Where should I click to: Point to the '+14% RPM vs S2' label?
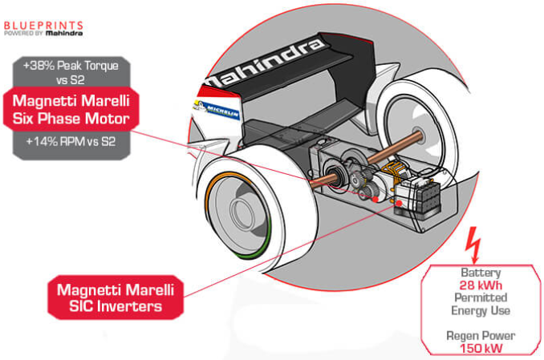tap(69, 143)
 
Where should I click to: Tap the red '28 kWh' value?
tap(479, 285)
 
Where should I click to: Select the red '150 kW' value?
tap(480, 348)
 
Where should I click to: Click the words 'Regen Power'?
tap(480, 336)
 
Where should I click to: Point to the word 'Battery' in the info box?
tap(480, 273)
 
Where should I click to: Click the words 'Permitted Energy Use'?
tap(480, 304)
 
